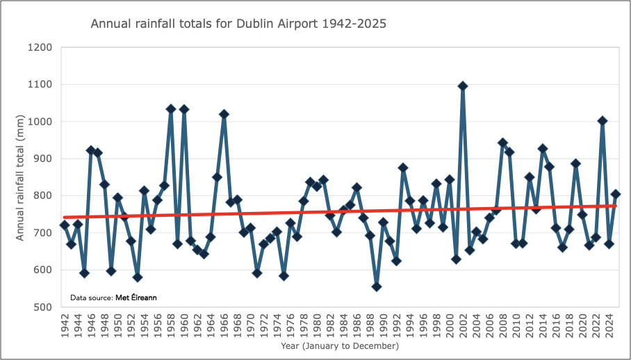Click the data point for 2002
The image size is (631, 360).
pyautogui.click(x=463, y=86)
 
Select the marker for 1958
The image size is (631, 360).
pyautogui.click(x=171, y=109)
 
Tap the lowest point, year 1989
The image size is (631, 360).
pyautogui.click(x=377, y=286)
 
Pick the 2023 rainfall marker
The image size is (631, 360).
pyautogui.click(x=603, y=121)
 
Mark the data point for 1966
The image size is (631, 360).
pyautogui.click(x=224, y=114)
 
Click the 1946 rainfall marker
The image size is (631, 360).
pyautogui.click(x=91, y=150)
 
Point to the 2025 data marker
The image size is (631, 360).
pyautogui.click(x=616, y=194)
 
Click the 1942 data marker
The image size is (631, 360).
pyautogui.click(x=65, y=225)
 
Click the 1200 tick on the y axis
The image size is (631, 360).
pyautogui.click(x=41, y=48)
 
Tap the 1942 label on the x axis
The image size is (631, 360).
pyautogui.click(x=65, y=325)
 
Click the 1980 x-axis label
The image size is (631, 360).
pyautogui.click(x=317, y=325)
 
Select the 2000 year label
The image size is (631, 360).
pyautogui.click(x=450, y=325)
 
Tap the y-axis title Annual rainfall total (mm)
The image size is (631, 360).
pyautogui.click(x=21, y=177)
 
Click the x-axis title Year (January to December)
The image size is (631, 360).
pyautogui.click(x=340, y=345)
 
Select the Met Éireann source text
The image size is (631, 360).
pyautogui.click(x=136, y=297)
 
